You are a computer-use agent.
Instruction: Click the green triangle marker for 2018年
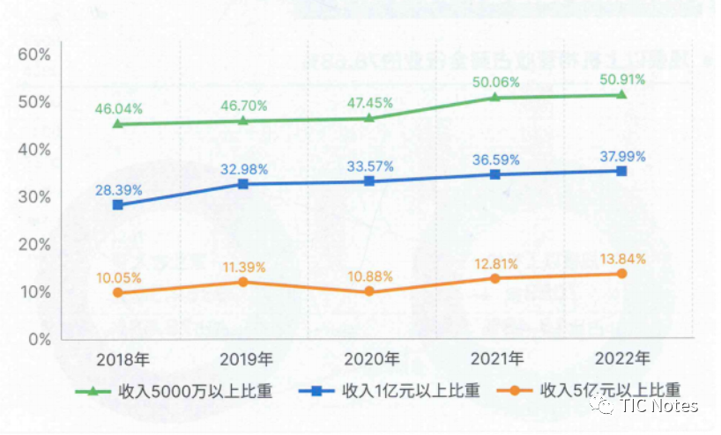click(x=118, y=123)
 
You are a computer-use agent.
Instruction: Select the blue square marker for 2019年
click(x=243, y=183)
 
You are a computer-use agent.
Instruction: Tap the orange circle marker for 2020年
click(x=369, y=291)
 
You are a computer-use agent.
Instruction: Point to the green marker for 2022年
click(x=621, y=94)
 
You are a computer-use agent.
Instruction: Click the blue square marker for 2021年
click(x=495, y=174)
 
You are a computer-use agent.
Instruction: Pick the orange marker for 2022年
click(x=621, y=273)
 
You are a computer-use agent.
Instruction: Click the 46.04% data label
click(x=118, y=108)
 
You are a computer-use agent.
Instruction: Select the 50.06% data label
click(x=495, y=82)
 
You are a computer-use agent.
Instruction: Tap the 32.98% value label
click(x=243, y=168)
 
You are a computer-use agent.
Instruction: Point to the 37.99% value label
click(x=621, y=156)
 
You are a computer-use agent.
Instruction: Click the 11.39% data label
click(x=243, y=266)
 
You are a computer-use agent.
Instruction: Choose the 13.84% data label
click(x=621, y=258)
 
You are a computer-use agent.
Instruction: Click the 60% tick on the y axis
click(x=33, y=55)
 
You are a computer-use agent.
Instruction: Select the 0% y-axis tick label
click(x=39, y=339)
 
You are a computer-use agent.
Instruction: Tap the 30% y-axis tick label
click(x=33, y=197)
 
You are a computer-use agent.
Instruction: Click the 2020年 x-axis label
click(x=369, y=360)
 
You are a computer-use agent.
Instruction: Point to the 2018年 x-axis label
click(x=118, y=360)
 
